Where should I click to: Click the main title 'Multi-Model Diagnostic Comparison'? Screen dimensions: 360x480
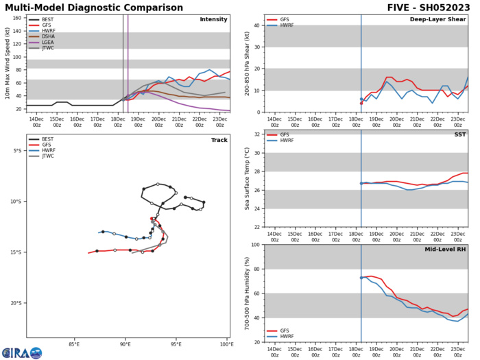click(x=103, y=7)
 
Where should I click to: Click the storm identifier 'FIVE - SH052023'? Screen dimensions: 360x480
click(x=429, y=7)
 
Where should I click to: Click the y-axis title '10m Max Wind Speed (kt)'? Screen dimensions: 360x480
click(x=6, y=73)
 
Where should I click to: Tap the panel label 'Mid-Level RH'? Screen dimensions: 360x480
click(x=446, y=250)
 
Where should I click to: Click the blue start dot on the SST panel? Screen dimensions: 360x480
click(x=361, y=183)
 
